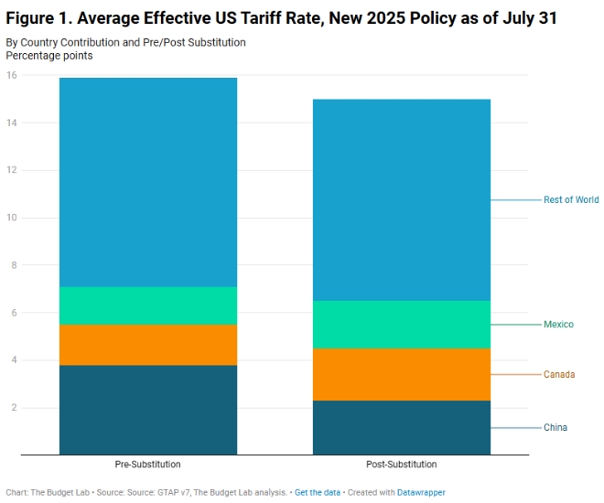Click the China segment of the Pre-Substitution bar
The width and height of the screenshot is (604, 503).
pyautogui.click(x=148, y=410)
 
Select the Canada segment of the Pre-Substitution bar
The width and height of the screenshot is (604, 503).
pyautogui.click(x=148, y=345)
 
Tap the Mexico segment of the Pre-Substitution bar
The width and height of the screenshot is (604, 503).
pyautogui.click(x=148, y=305)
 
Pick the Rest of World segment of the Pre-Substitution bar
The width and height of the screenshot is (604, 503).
pyautogui.click(x=148, y=182)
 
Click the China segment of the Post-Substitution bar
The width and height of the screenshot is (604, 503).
pyautogui.click(x=402, y=427)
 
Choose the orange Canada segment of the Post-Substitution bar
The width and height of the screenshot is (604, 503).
pyautogui.click(x=402, y=374)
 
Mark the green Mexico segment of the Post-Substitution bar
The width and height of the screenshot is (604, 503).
pyautogui.click(x=402, y=325)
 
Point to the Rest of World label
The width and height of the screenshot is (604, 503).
pyautogui.click(x=570, y=199)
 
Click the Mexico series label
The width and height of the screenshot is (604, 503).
pyautogui.click(x=558, y=325)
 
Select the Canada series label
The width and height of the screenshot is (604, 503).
pyautogui.click(x=559, y=374)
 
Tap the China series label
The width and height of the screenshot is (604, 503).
pyautogui.click(x=555, y=427)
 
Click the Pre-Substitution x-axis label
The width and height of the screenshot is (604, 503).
pyautogui.click(x=148, y=465)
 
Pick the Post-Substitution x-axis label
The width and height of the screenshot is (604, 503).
pyautogui.click(x=402, y=465)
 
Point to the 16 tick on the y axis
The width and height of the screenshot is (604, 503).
pyautogui.click(x=12, y=75)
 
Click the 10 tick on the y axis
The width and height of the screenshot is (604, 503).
pyautogui.click(x=12, y=218)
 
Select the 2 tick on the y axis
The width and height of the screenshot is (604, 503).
pyautogui.click(x=14, y=408)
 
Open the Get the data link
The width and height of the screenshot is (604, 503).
pyautogui.click(x=317, y=492)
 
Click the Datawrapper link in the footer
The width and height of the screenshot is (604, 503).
pyautogui.click(x=421, y=492)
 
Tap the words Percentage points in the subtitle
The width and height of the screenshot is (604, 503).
pyautogui.click(x=49, y=56)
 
